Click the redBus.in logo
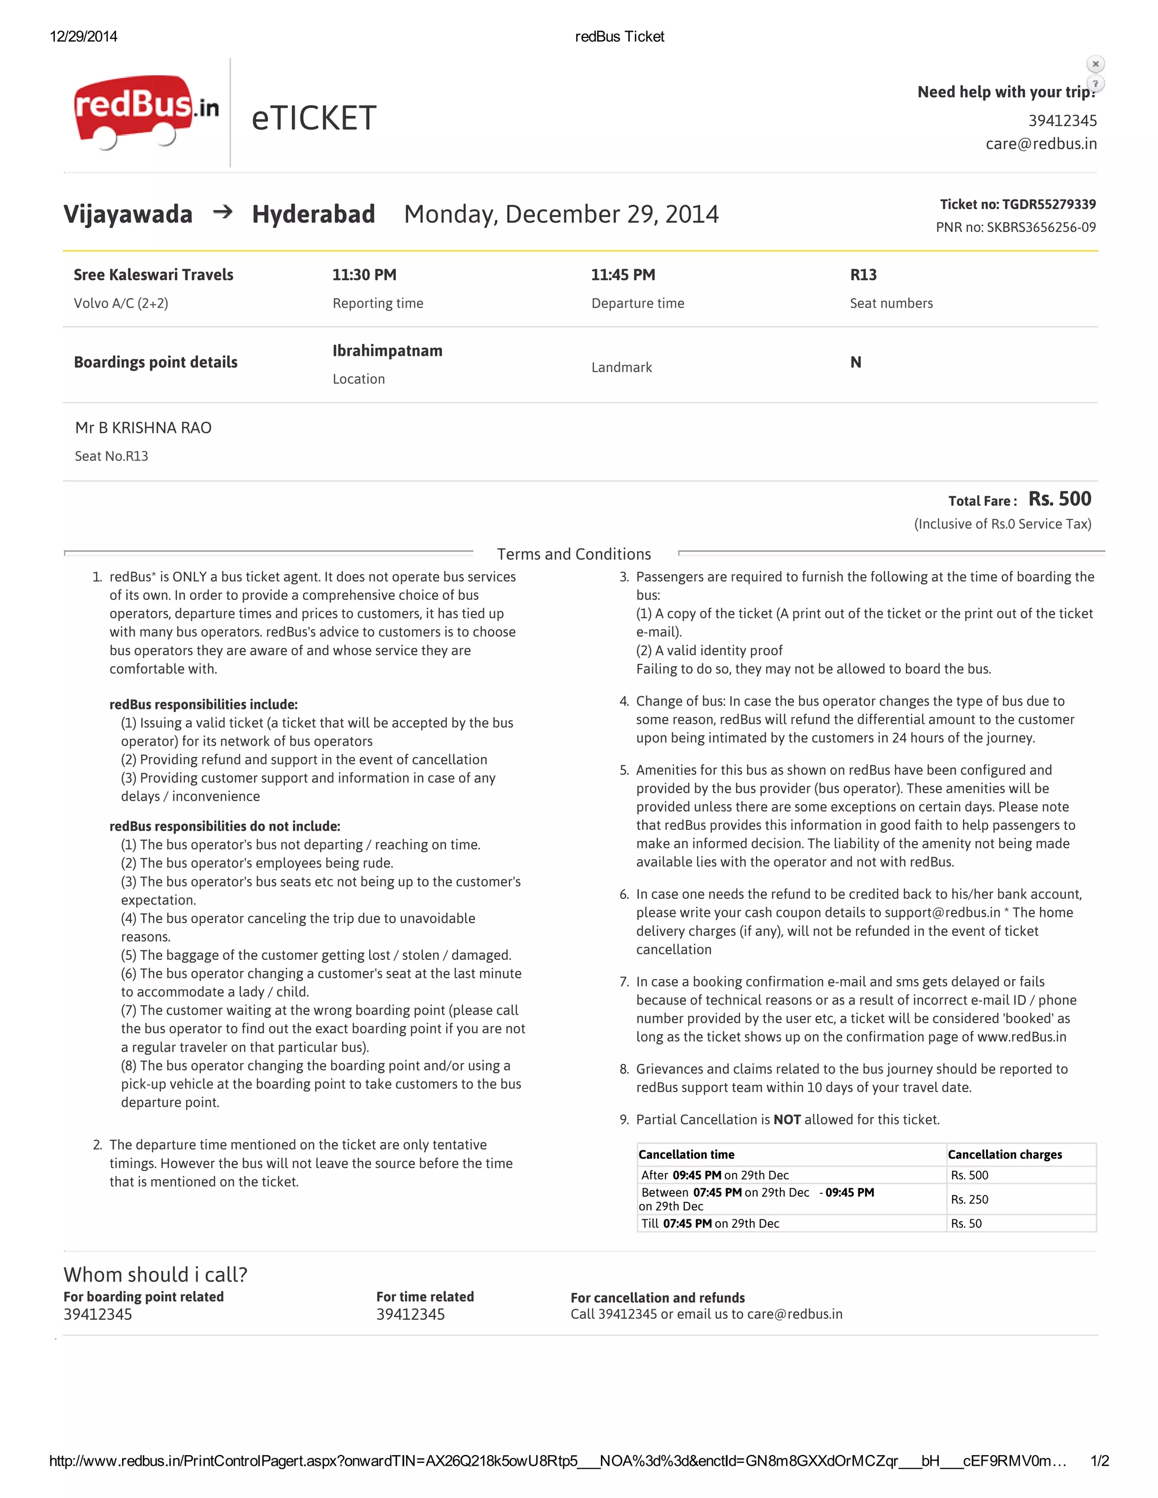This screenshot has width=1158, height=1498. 145,111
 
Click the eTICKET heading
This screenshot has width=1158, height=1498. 313,118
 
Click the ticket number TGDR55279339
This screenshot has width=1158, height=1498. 1048,205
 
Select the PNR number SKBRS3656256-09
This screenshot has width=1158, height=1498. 1041,228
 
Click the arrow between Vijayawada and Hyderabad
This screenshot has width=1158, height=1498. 222,213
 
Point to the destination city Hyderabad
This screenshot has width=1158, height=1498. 313,214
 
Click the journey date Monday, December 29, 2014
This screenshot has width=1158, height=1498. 560,214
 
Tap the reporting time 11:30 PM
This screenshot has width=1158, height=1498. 364,275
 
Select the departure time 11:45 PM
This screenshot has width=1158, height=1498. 623,275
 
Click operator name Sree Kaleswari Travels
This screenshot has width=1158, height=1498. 154,275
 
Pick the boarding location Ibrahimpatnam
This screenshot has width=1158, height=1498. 387,351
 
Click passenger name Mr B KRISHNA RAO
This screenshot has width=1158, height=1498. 144,428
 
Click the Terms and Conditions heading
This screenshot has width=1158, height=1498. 573,554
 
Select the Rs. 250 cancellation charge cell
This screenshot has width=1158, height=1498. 969,1200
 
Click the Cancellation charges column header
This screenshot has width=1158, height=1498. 1004,1155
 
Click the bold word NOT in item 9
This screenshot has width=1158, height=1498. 787,1120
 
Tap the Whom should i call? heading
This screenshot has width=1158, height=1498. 155,1274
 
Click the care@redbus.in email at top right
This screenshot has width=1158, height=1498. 1041,144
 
